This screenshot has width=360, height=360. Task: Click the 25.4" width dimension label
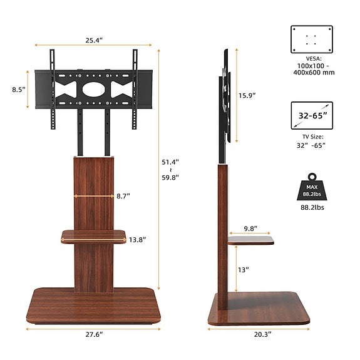click(95, 40)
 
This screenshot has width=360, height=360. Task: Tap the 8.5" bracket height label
click(18, 90)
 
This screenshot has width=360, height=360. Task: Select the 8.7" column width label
click(123, 196)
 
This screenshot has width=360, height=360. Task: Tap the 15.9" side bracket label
click(247, 95)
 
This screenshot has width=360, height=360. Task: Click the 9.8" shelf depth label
click(251, 229)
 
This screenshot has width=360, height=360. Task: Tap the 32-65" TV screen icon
click(312, 116)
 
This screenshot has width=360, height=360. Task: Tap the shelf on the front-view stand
click(93, 236)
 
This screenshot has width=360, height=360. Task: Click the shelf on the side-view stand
click(250, 240)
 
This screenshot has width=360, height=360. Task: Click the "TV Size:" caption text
click(312, 136)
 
